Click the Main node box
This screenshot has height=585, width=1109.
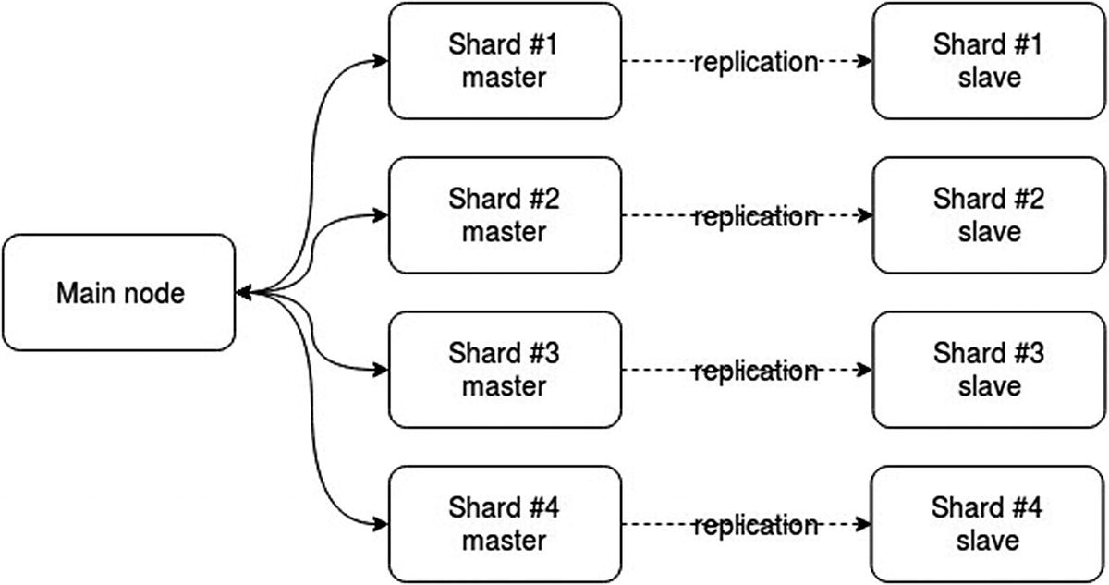(120, 293)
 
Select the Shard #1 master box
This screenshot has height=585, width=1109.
(504, 61)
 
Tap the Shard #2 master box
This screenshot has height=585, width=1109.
(504, 215)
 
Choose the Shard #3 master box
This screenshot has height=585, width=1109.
(504, 370)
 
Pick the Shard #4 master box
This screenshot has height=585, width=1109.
(504, 524)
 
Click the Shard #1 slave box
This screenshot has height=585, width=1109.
(988, 61)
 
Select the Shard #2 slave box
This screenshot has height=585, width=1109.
(988, 215)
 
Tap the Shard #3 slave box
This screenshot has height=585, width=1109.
(988, 370)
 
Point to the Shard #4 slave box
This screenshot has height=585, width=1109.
(988, 524)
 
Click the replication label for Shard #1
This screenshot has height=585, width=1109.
(756, 62)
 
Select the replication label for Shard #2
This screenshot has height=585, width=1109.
(756, 216)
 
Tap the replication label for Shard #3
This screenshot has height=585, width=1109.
(756, 371)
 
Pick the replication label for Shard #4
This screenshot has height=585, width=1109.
(756, 525)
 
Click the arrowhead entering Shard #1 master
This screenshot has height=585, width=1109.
(380, 62)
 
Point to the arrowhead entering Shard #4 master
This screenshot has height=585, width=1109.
(380, 525)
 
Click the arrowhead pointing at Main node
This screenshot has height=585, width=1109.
(243, 294)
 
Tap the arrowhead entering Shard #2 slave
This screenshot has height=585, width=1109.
(865, 216)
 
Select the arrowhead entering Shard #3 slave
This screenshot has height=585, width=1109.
(865, 371)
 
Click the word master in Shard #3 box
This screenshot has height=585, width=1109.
(504, 385)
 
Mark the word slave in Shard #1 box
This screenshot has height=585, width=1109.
(988, 77)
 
